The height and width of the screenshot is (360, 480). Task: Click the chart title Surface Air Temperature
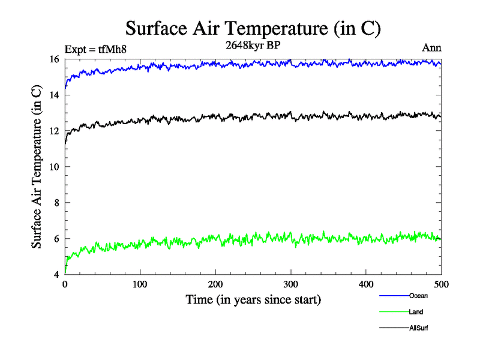253,28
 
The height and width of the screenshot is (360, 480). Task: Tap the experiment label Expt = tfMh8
97,50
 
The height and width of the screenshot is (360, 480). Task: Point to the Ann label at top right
433,49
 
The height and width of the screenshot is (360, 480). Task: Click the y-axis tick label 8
56,203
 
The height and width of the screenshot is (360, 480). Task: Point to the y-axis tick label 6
56,239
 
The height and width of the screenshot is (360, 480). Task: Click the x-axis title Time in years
253,299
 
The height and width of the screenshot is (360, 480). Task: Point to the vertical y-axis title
37,167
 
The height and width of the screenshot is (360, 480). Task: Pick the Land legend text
416,312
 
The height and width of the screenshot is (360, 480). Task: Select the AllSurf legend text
419,328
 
